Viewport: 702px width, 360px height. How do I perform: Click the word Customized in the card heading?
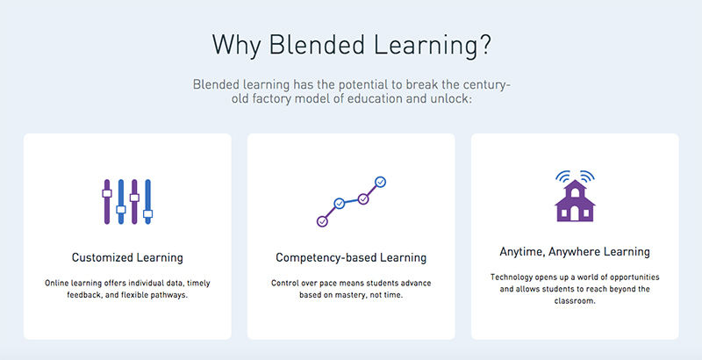(x=102, y=258)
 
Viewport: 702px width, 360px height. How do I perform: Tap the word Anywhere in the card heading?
(x=574, y=252)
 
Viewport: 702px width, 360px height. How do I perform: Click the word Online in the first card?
(x=55, y=284)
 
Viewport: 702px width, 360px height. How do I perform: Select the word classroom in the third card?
(x=574, y=301)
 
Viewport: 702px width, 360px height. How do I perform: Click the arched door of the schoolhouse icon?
(x=575, y=213)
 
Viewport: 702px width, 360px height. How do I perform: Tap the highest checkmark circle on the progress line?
(x=381, y=182)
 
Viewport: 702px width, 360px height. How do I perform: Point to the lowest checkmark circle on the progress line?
(x=322, y=221)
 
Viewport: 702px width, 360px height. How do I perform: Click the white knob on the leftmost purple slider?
(x=106, y=193)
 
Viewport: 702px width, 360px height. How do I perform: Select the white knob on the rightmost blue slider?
(x=147, y=213)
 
